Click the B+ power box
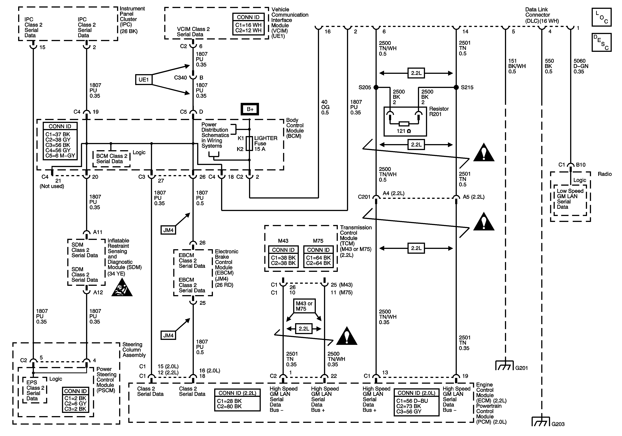pos(250,109)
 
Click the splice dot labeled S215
pos(456,87)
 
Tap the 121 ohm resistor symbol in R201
pos(404,124)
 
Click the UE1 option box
pos(144,80)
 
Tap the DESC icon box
pos(601,42)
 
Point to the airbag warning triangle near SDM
pos(122,288)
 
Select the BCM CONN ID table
pos(60,141)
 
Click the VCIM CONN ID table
pos(248,24)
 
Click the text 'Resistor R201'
pos(439,111)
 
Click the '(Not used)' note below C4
pos(52,186)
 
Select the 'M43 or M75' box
pos(304,306)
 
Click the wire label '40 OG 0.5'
pos(325,107)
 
